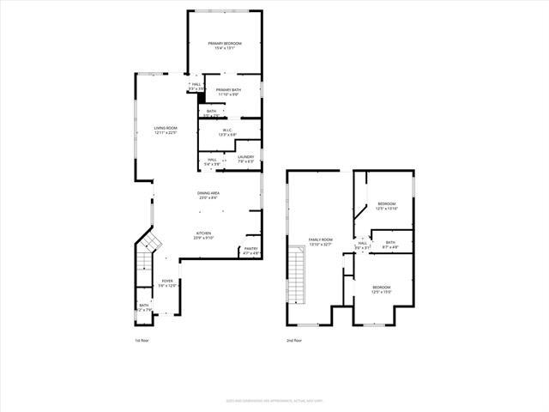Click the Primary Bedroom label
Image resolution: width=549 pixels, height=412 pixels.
coord(225,43)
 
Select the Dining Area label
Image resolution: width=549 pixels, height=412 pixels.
coord(208,194)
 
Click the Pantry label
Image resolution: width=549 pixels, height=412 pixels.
coord(250,249)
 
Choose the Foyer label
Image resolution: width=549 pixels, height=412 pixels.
coord(167,282)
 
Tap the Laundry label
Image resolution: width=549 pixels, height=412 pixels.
coord(246,156)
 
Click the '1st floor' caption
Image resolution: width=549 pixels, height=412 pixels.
coord(142,342)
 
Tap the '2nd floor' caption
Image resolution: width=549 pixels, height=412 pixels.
coord(294,342)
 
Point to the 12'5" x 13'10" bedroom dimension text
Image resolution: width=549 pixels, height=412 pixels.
coord(387,209)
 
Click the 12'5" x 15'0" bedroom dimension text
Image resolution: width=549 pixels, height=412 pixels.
coord(382,291)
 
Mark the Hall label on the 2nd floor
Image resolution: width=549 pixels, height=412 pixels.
coord(362,243)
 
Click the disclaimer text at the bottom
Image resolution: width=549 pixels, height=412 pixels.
coord(274,400)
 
